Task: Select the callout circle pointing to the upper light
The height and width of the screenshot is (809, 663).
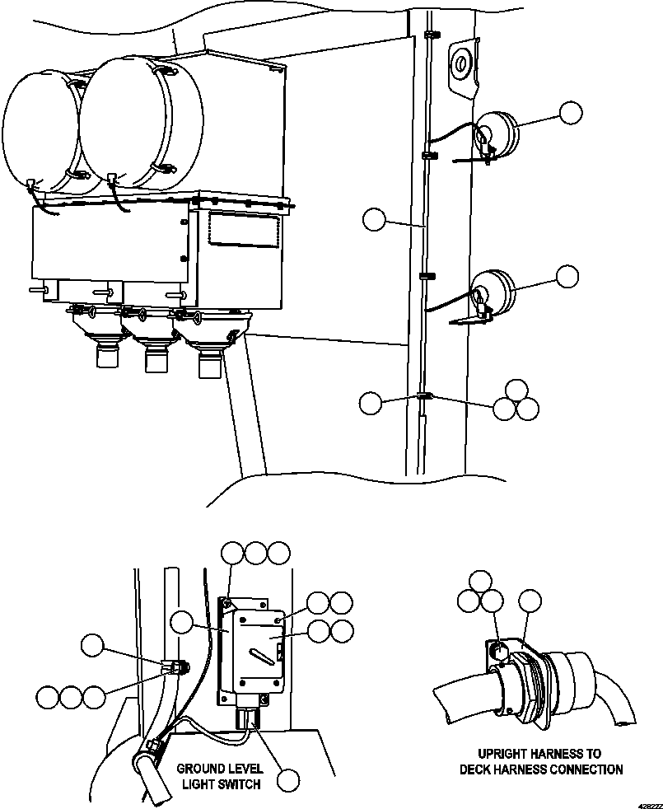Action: tap(570, 114)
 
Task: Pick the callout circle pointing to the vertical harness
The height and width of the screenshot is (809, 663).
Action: tap(374, 219)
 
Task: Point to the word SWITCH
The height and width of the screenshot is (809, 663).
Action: tap(239, 784)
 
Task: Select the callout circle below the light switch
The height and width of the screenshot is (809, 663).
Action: tap(288, 779)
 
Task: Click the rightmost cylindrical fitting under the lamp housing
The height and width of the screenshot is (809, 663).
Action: tap(211, 359)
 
